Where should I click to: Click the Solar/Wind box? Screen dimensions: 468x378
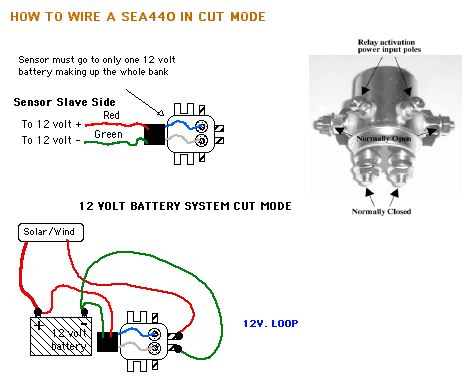click(x=51, y=232)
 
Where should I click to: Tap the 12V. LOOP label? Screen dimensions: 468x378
click(x=270, y=324)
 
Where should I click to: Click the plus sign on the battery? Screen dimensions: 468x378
click(x=39, y=324)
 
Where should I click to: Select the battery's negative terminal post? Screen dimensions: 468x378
click(x=84, y=313)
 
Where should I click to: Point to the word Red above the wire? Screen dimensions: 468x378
click(x=111, y=115)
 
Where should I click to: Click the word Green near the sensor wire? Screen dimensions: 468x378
click(x=108, y=134)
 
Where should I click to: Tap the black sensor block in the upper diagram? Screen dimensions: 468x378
click(x=154, y=134)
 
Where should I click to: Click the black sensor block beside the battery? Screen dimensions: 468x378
click(x=107, y=342)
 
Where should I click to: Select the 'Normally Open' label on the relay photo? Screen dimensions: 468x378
click(x=384, y=139)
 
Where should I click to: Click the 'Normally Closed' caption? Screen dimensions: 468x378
click(x=381, y=211)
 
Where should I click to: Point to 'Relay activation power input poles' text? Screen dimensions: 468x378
click(x=389, y=46)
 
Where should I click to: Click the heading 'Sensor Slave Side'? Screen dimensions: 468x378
click(x=64, y=102)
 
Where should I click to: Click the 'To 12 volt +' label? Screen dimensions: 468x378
click(x=51, y=124)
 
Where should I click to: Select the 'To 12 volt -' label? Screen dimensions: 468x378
click(x=51, y=140)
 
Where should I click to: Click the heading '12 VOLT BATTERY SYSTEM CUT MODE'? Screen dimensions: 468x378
click(x=185, y=206)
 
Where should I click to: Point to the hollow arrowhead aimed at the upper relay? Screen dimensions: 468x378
click(x=160, y=113)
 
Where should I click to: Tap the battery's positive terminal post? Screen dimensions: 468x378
click(x=38, y=313)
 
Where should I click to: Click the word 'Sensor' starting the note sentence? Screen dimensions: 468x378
click(x=35, y=60)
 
